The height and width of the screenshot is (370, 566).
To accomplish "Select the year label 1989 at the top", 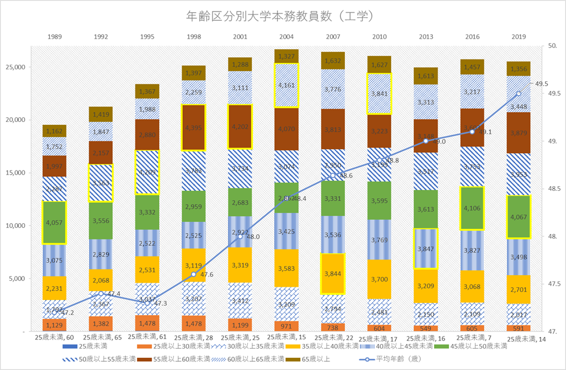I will point(54,37).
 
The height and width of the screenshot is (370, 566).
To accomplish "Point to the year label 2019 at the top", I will point(519,37).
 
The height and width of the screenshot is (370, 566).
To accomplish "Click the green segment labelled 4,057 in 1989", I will point(54,222).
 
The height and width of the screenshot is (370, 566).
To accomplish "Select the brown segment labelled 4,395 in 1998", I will point(194,127).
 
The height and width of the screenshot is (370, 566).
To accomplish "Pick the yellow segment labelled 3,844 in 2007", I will point(333,273).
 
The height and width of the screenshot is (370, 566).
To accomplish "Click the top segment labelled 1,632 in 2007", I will point(333,60).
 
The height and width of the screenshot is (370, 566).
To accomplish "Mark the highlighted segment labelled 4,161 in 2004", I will point(286,85).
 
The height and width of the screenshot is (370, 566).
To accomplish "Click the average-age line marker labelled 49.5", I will point(519,93).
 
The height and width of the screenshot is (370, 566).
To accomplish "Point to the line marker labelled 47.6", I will point(194,274).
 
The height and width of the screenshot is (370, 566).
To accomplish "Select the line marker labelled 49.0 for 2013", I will point(426,141).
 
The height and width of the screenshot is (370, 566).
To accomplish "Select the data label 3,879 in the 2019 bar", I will point(519,133).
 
